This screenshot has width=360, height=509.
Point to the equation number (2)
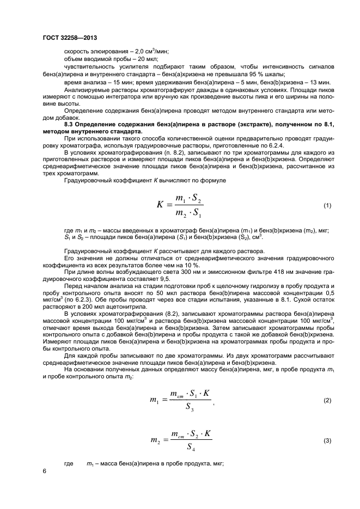(x=327, y=401)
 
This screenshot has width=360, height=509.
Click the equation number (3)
(x=327, y=440)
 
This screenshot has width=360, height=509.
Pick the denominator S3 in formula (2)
(x=188, y=409)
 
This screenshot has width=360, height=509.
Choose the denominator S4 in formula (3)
(x=190, y=449)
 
